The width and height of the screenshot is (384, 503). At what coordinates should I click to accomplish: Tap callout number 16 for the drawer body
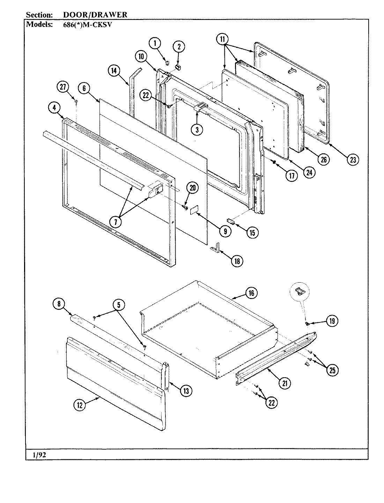[251, 293]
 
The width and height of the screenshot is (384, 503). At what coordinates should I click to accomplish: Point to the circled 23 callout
[353, 160]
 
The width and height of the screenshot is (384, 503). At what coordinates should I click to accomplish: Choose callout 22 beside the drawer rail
[271, 402]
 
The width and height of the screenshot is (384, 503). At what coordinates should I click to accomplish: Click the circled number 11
[222, 39]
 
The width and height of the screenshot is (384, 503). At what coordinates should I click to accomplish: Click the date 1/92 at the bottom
[37, 454]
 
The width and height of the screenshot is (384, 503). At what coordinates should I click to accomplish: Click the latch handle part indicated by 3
[201, 107]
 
